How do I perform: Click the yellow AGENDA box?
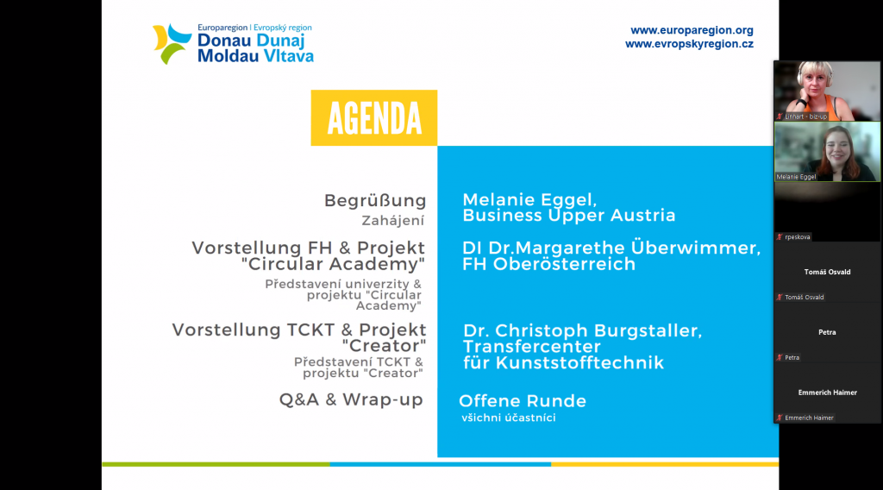[x=374, y=117]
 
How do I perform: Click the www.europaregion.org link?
[x=692, y=30]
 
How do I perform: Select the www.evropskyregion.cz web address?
[x=689, y=44]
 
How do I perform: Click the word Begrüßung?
[x=375, y=200]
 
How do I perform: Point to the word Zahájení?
[x=393, y=221]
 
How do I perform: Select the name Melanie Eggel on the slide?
[x=529, y=200]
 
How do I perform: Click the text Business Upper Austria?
[x=569, y=215]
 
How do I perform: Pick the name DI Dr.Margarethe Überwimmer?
[x=611, y=248]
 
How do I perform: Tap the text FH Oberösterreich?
[x=549, y=264]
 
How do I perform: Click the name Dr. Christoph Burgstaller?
[x=583, y=330]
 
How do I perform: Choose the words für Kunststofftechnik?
[x=564, y=362]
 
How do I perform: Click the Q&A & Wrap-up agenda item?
[x=351, y=399]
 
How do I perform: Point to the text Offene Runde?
[x=523, y=401]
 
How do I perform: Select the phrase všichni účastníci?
[x=509, y=418]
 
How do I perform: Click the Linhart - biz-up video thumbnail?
[x=827, y=91]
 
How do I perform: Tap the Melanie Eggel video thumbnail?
[x=827, y=152]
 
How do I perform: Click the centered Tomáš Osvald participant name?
[x=827, y=272]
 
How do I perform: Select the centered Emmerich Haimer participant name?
[x=827, y=393]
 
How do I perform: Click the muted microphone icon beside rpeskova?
[x=780, y=237]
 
